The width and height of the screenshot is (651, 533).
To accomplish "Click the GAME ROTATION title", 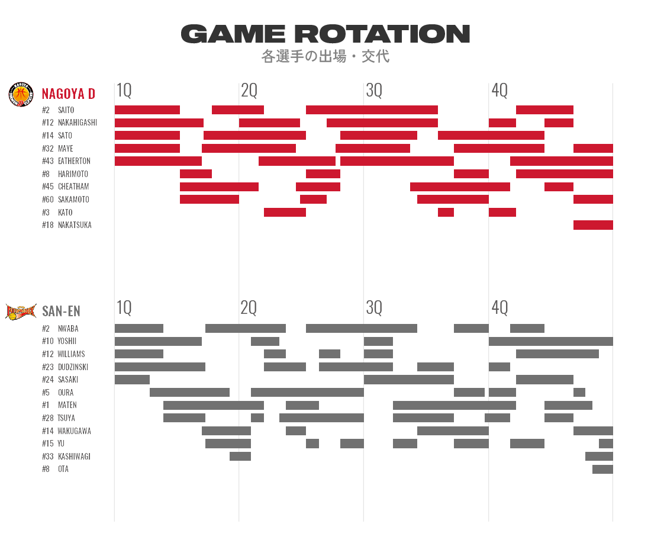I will coord(325,34).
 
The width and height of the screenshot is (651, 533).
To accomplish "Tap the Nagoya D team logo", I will coord(20,94).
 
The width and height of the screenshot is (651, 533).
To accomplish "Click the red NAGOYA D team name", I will coord(68,94).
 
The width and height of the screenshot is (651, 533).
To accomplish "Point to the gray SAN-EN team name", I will coord(61,312).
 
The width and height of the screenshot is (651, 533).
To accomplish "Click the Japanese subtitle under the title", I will coord(325,57).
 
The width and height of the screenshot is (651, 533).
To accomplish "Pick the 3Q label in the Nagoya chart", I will coord(374,91).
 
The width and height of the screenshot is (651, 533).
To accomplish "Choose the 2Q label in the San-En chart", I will coord(249,308).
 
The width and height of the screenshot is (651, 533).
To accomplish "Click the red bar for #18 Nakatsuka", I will coord(592,225).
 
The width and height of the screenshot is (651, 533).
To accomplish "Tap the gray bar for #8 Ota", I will coord(602,469).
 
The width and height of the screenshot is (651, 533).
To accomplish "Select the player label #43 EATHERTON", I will coord(66,161).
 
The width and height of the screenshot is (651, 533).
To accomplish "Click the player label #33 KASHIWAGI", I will coord(66,457).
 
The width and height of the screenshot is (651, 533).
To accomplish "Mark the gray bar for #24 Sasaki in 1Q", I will coord(132,380).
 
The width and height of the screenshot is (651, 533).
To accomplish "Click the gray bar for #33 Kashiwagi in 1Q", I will coord(240,456).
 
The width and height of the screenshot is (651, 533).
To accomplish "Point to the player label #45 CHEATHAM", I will coord(66,187).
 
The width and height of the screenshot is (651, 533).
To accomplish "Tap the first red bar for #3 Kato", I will coord(285,212).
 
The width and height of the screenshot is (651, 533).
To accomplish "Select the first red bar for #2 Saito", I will coord(147,110).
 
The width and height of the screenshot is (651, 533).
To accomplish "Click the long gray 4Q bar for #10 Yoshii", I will coord(550,341).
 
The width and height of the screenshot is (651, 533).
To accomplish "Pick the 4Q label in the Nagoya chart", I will coord(499,91).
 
